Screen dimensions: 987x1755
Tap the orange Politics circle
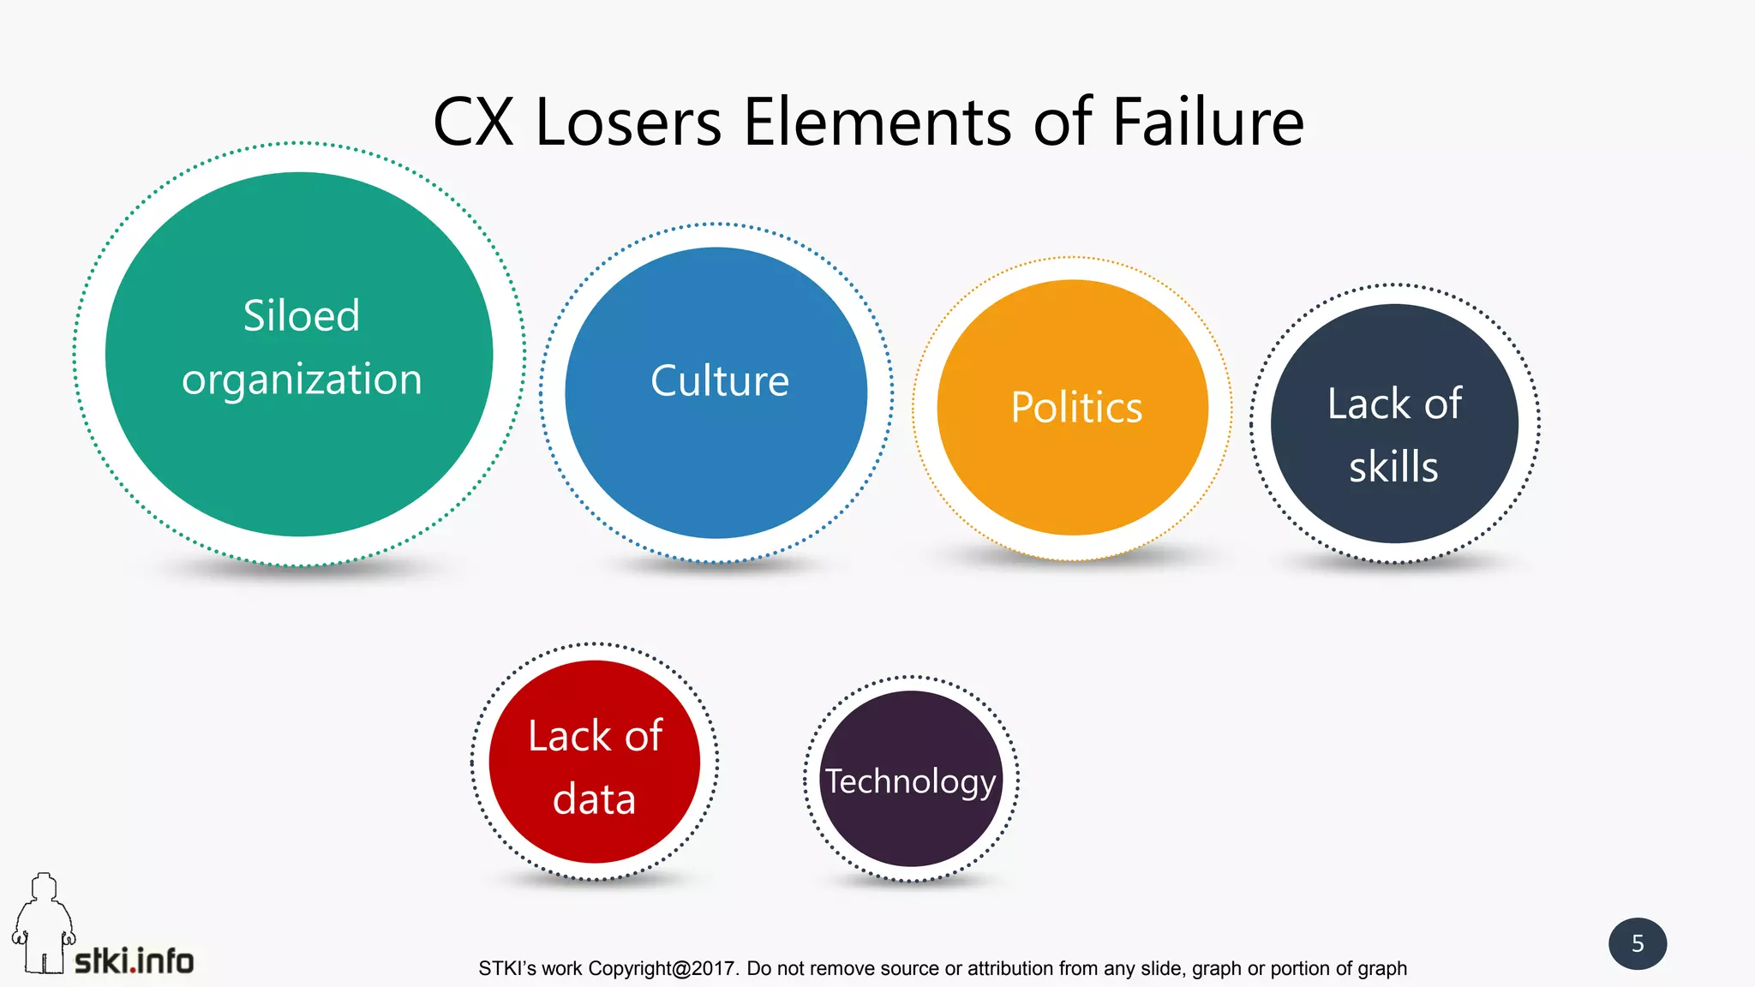pyautogui.click(x=1073, y=480)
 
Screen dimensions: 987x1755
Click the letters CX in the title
pyautogui.click(x=473, y=122)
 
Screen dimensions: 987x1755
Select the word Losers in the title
pyautogui.click(x=629, y=122)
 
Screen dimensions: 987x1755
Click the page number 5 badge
pyautogui.click(x=1638, y=943)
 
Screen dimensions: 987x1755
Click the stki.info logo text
pyautogui.click(x=135, y=961)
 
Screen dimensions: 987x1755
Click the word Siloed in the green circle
pyautogui.click(x=302, y=315)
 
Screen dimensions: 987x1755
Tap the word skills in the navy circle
pyautogui.click(x=1393, y=467)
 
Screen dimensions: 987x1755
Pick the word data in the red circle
pyautogui.click(x=594, y=799)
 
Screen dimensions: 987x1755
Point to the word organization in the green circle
pyautogui.click(x=302, y=380)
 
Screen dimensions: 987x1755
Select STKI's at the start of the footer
pyautogui.click(x=507, y=968)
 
